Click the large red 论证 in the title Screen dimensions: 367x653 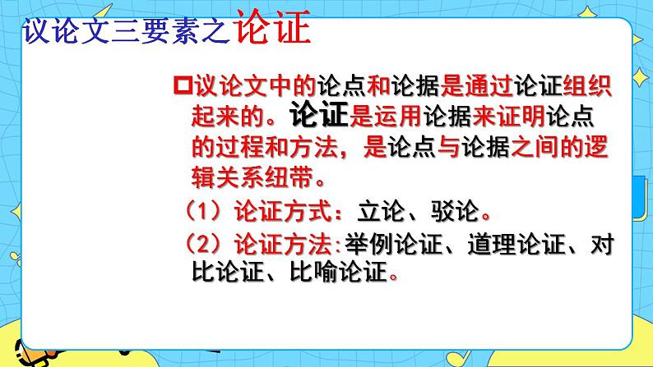pos(272,32)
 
